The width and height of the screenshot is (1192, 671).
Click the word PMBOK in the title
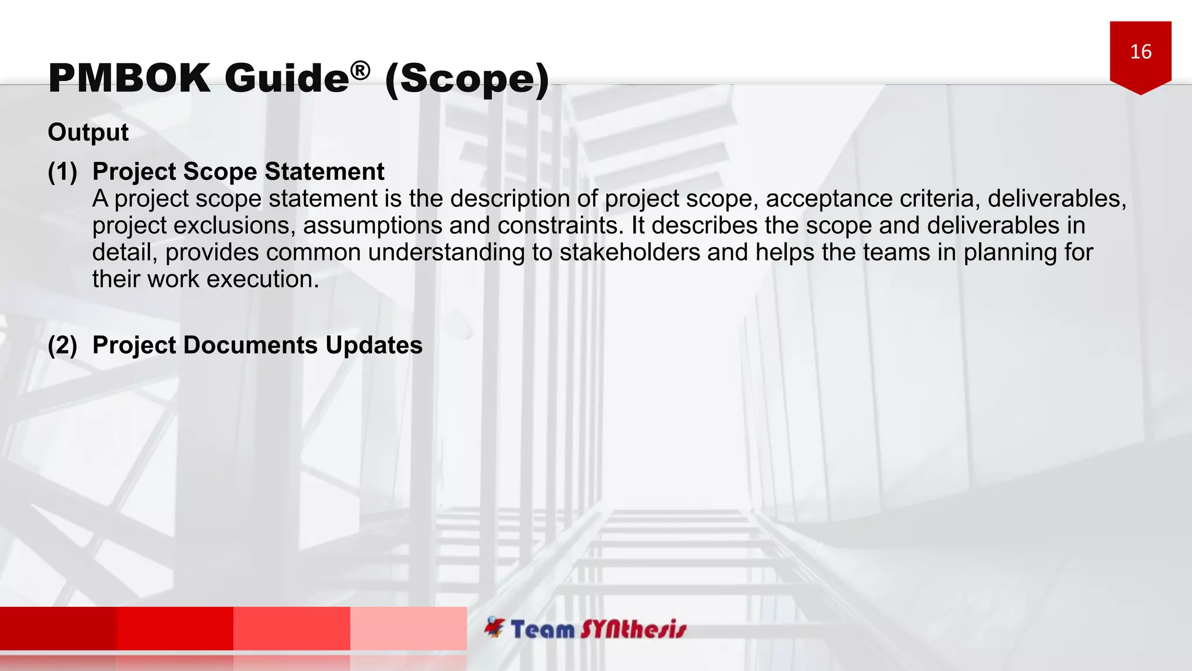click(129, 78)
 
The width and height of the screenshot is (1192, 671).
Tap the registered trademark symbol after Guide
click(360, 71)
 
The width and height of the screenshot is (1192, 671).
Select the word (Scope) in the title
click(467, 79)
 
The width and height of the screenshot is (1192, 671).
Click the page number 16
click(1141, 52)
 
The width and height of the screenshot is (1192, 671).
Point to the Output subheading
click(88, 132)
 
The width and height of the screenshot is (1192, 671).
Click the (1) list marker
click(62, 172)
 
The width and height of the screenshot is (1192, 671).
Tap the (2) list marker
click(62, 345)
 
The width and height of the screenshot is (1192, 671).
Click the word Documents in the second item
click(250, 345)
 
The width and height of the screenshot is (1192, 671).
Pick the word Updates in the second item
click(374, 345)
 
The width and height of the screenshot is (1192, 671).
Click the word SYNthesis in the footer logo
click(633, 630)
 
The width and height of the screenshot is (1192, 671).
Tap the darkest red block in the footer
click(58, 628)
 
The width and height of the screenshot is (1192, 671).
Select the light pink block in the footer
click(408, 628)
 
